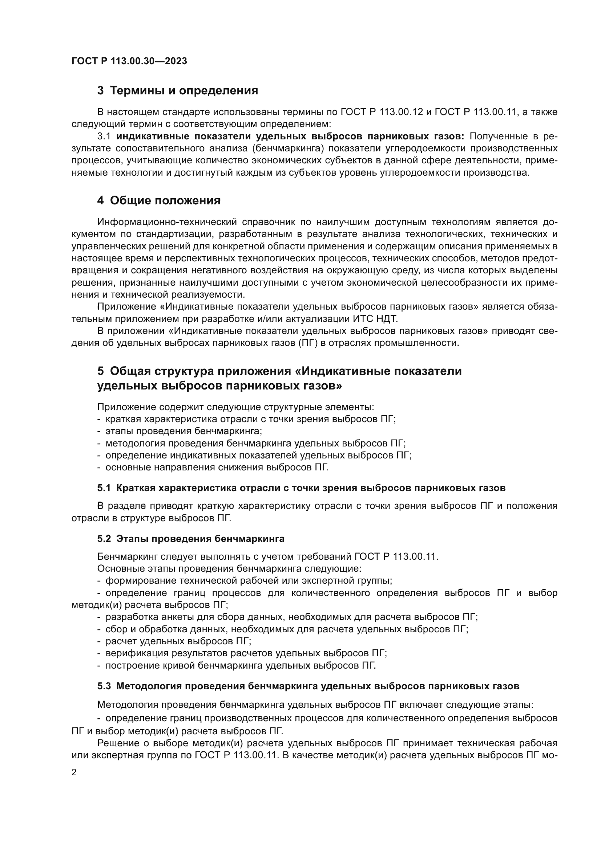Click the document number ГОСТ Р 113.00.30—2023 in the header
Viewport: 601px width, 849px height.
point(129,61)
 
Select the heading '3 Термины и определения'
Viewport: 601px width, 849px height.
point(178,91)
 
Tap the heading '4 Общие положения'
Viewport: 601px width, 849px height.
point(159,201)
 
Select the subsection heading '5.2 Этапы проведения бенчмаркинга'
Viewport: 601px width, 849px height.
point(191,539)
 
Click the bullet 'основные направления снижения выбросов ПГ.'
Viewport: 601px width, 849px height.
point(217,468)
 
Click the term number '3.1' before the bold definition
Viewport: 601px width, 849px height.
point(104,136)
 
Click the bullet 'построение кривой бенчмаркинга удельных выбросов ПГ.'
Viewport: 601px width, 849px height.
point(240,666)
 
